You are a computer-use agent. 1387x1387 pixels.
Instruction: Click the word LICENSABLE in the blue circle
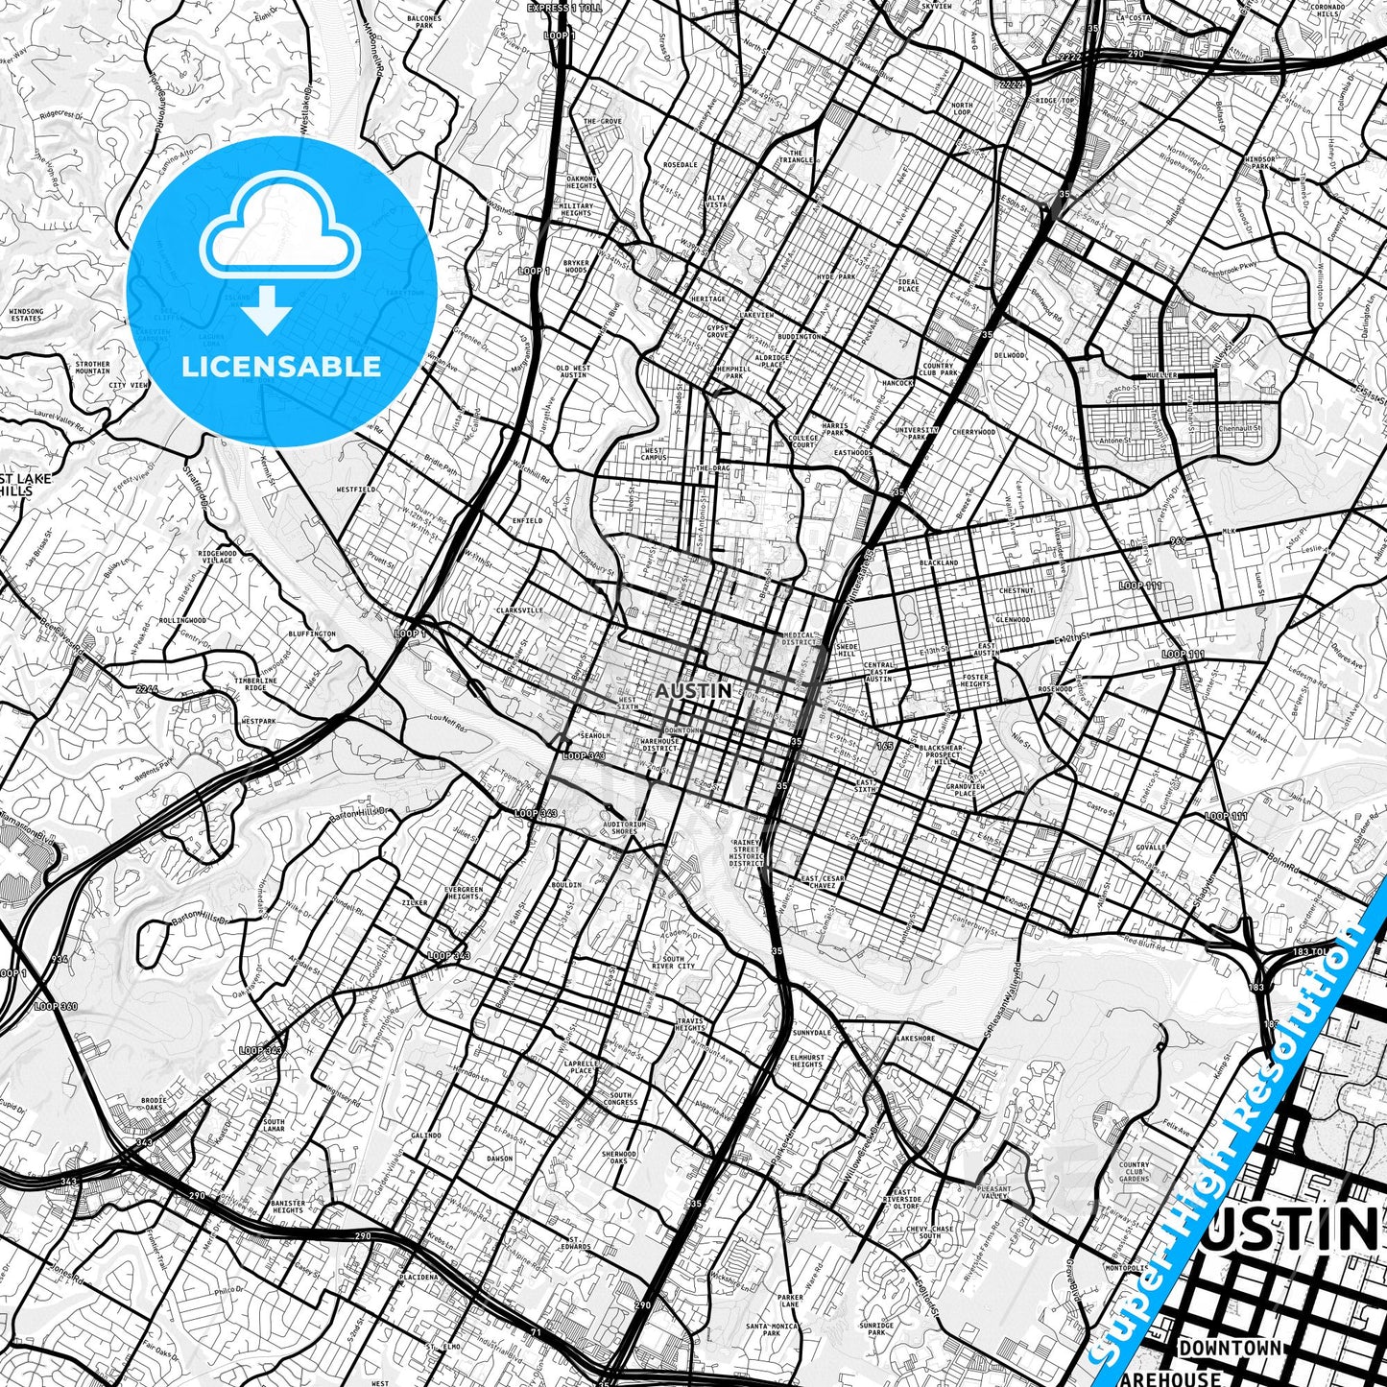coord(281,366)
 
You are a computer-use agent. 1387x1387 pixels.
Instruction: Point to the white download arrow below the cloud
coord(268,313)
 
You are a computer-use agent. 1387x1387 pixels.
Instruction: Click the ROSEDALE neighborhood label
coord(680,165)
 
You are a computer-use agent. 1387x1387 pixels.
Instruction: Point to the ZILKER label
coord(414,903)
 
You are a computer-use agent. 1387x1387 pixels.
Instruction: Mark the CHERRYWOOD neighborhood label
coord(973,432)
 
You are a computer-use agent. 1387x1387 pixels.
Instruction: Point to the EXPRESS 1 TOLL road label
coord(563,8)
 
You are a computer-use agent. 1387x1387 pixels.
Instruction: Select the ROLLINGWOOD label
coord(183,621)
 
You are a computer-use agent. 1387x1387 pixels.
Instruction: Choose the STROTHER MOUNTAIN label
coord(92,368)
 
